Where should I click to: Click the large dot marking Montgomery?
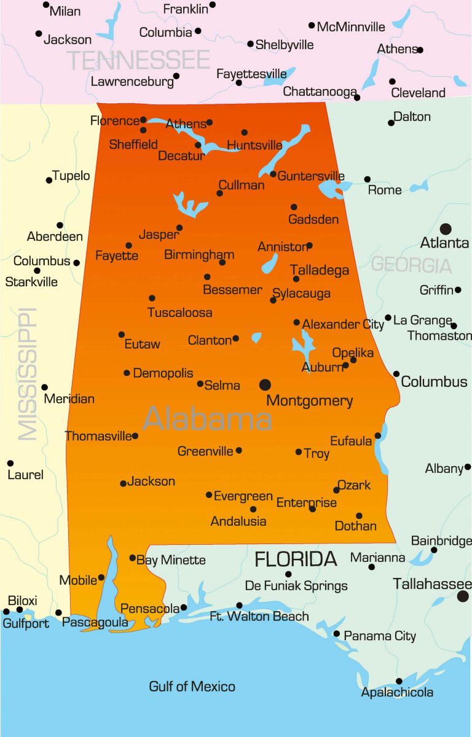coord(265,384)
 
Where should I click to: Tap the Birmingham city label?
coord(199,254)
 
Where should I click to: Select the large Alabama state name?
coord(208,419)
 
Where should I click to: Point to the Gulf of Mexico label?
coord(192,686)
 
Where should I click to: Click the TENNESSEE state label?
coord(138,60)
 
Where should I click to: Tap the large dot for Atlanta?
coord(446,229)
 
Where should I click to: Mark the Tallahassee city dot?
coord(463,596)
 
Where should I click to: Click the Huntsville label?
coord(254,146)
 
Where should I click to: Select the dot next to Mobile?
coord(101,578)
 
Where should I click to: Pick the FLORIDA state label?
coord(296,559)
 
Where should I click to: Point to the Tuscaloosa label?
coord(180,313)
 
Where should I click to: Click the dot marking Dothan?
coord(359,516)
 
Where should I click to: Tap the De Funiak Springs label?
coord(296,586)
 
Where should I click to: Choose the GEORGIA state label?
coord(411,265)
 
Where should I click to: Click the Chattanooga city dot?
coord(357,98)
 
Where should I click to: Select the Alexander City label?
coord(343,324)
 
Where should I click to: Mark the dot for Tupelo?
coord(49,180)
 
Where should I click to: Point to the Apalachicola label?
coord(397,693)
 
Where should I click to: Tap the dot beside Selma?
coord(200,384)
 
